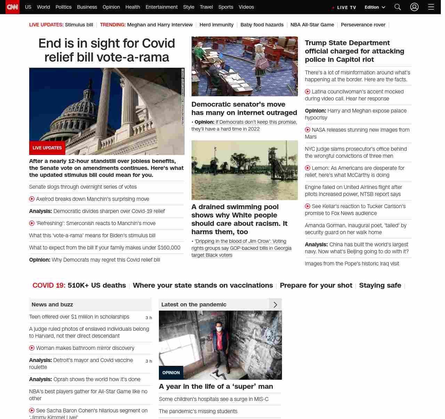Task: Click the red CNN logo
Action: coord(13,7)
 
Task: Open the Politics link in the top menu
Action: coord(63,7)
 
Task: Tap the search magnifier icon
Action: coord(398,7)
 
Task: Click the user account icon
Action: coord(414,7)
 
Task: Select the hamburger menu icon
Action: coord(431,7)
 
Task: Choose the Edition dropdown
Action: coord(375,7)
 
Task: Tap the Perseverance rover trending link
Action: coord(363,25)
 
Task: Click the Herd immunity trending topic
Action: coord(217,25)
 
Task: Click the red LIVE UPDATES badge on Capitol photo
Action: coord(47,148)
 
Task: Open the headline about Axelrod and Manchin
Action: coord(92,199)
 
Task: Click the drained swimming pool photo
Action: coord(244,170)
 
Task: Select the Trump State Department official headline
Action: coord(354,51)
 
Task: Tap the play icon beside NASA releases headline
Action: coord(308,130)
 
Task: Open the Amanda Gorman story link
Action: coord(355,229)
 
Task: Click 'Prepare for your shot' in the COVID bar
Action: coord(316,286)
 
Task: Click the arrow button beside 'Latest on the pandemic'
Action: coord(275,305)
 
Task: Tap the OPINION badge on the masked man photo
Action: coord(171,373)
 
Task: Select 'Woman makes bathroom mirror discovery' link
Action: coord(85,348)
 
